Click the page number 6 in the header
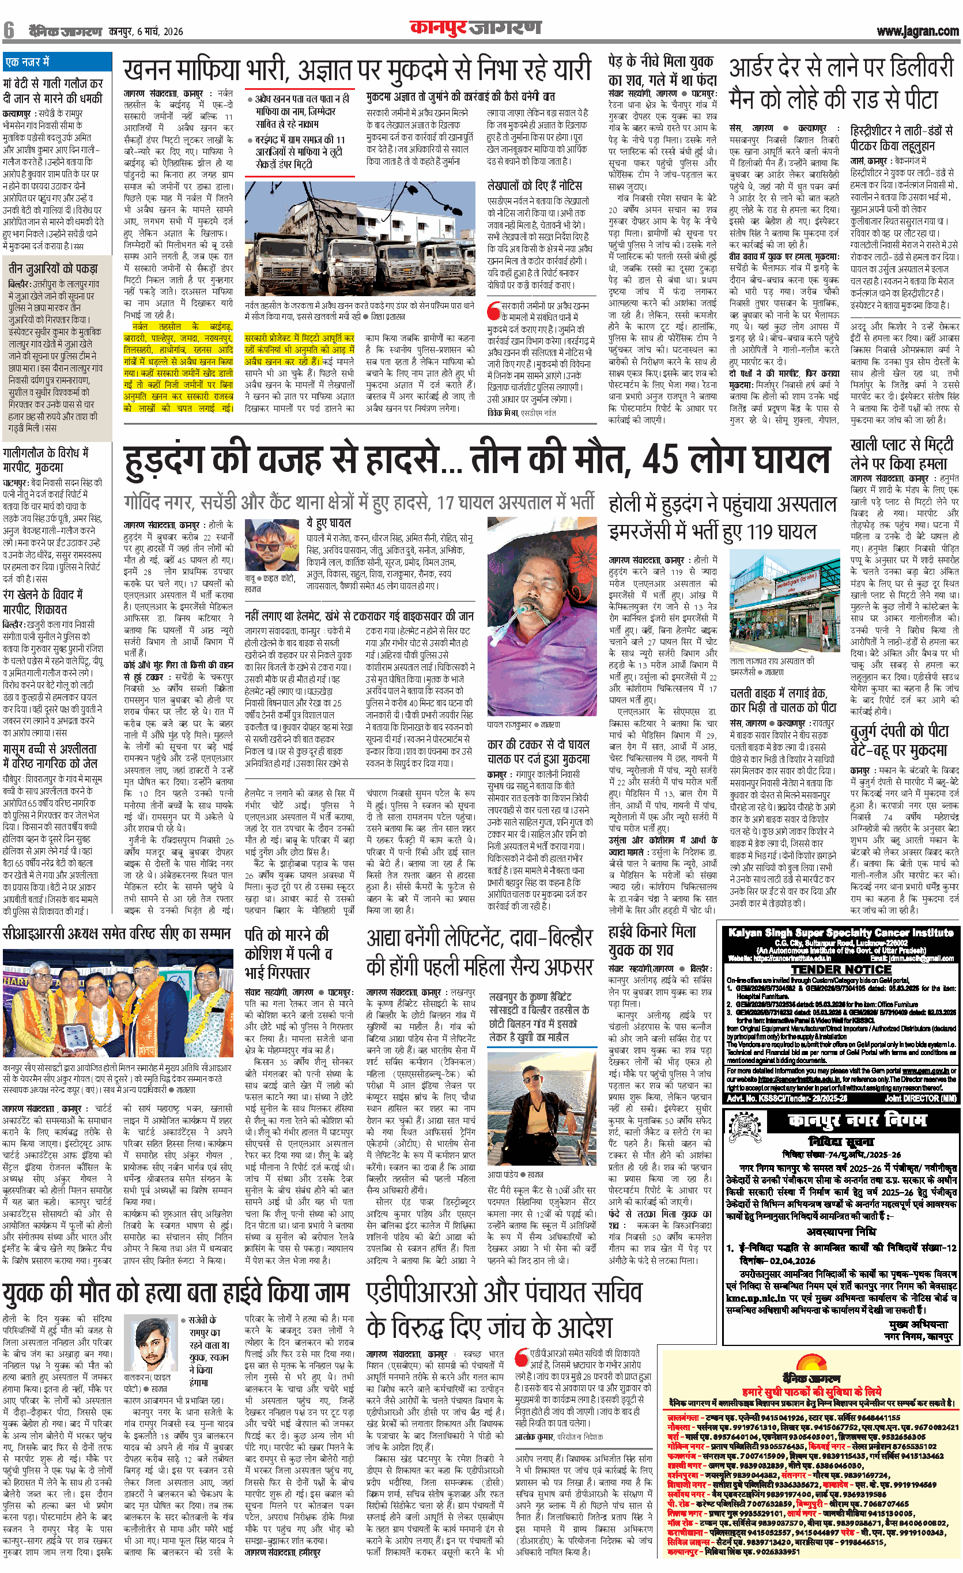pos(9,30)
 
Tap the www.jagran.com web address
pos(917,31)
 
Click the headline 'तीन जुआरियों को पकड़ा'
pos(53,268)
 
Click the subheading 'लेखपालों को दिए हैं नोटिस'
pos(534,185)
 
